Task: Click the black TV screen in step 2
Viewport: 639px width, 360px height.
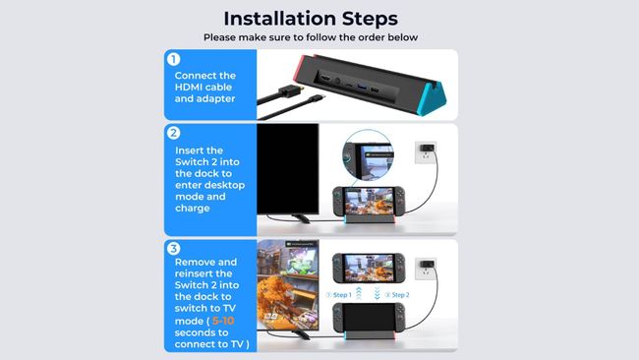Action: point(287,167)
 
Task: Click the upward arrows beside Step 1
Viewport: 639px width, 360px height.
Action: point(361,294)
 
